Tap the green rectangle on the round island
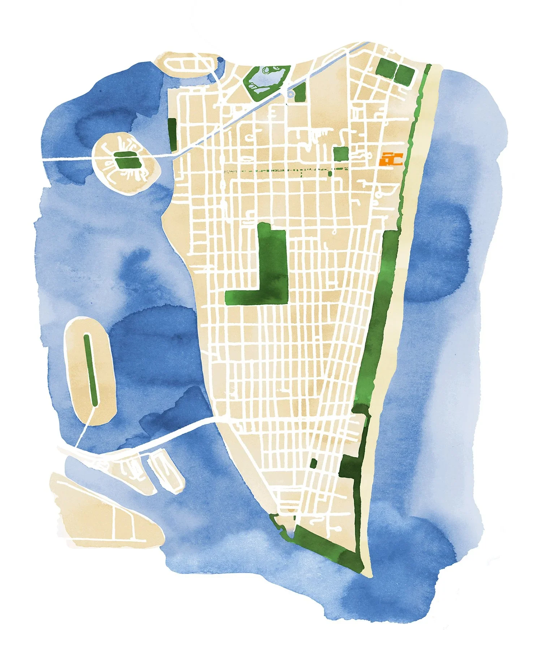click(x=126, y=160)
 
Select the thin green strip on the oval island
click(x=90, y=370)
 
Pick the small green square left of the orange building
click(x=341, y=154)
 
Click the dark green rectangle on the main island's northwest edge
click(x=172, y=134)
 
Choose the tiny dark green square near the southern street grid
click(x=313, y=463)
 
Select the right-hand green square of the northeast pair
click(x=404, y=75)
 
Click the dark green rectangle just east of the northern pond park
click(x=300, y=92)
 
